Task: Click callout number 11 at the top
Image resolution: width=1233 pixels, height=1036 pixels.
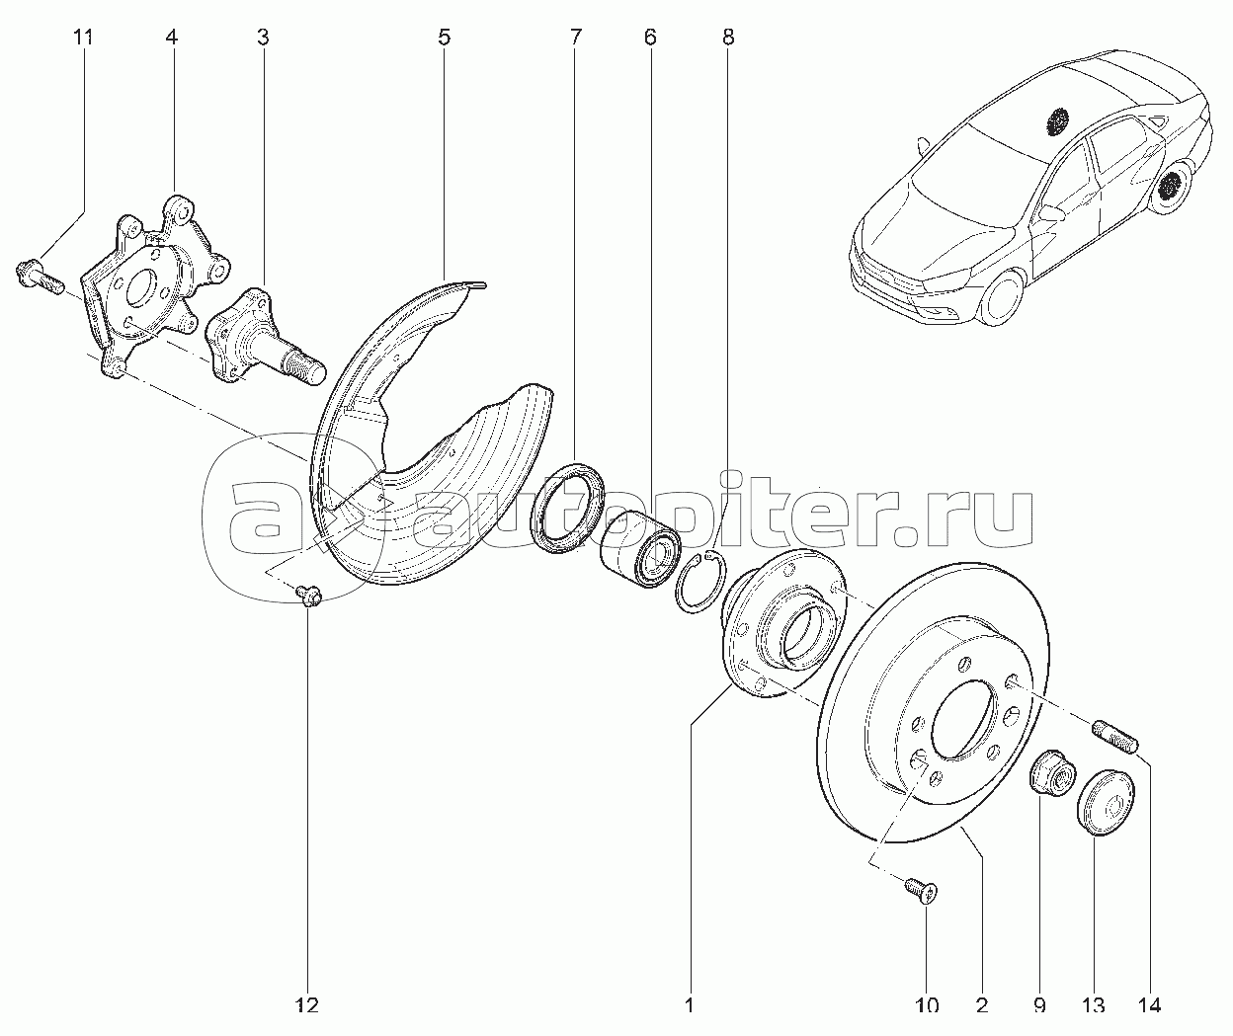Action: (83, 38)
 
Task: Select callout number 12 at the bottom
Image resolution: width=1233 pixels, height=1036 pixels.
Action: (308, 1004)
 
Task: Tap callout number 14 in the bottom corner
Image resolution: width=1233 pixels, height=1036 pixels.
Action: (1148, 1004)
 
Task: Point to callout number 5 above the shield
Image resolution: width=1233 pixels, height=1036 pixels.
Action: (444, 38)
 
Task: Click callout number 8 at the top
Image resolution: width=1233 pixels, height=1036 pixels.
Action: (728, 38)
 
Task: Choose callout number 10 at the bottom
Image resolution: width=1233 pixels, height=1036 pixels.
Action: (927, 1004)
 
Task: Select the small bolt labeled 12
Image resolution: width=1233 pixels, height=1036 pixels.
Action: (307, 595)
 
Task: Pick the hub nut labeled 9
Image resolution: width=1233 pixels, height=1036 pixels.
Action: (1053, 772)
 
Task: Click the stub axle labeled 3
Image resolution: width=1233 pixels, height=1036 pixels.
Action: (265, 337)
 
